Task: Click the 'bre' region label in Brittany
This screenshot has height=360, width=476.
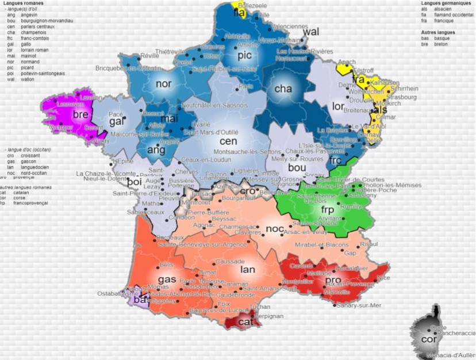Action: tap(80, 114)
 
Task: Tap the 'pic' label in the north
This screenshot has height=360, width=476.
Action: tap(245, 56)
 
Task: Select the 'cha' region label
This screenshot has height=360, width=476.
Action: tap(283, 89)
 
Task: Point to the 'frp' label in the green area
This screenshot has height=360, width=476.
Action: tap(327, 210)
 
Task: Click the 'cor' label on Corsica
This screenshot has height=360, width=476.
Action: tap(428, 339)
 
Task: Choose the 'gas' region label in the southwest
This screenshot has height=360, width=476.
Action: tap(167, 279)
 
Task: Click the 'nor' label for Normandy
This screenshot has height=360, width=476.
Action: tap(164, 84)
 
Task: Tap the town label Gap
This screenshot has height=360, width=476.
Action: tap(350, 252)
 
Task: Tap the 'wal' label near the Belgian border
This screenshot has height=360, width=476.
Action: tap(311, 32)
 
